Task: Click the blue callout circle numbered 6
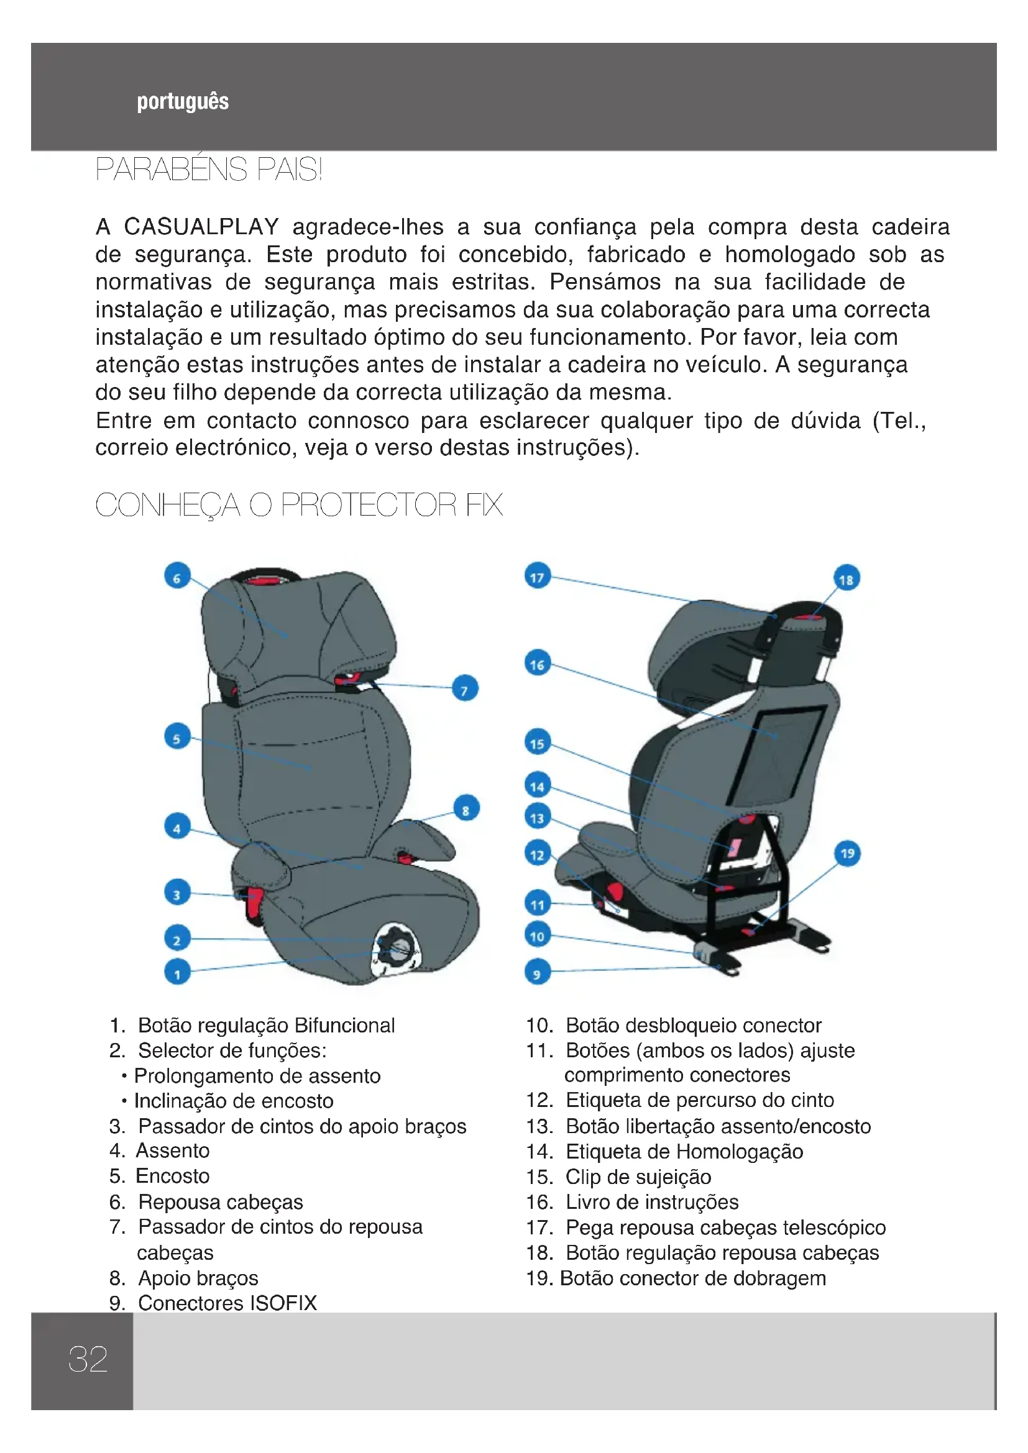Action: click(177, 576)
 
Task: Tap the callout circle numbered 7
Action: click(466, 689)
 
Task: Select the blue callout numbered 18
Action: click(847, 578)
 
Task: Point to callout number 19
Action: click(848, 853)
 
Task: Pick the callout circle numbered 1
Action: click(177, 972)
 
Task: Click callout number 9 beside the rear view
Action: click(538, 972)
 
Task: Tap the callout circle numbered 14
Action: click(538, 786)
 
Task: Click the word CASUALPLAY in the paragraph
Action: click(201, 227)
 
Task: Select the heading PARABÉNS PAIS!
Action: click(209, 169)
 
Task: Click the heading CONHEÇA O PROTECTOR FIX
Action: click(299, 504)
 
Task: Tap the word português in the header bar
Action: click(183, 101)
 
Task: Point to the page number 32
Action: click(88, 1359)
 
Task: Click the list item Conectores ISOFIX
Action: click(227, 1303)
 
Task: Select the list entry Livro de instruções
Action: click(652, 1201)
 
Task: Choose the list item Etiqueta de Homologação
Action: click(684, 1151)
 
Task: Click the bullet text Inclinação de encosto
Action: click(234, 1101)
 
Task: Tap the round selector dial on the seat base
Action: click(397, 945)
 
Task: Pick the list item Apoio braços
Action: click(198, 1278)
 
